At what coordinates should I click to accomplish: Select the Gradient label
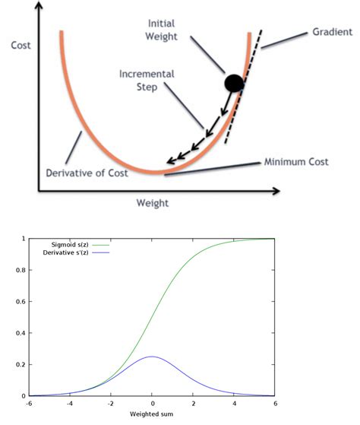tap(332, 32)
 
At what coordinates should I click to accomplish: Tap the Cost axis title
tap(21, 45)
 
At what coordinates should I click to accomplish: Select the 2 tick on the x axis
tap(193, 404)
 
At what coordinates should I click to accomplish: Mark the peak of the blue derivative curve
tap(153, 357)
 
